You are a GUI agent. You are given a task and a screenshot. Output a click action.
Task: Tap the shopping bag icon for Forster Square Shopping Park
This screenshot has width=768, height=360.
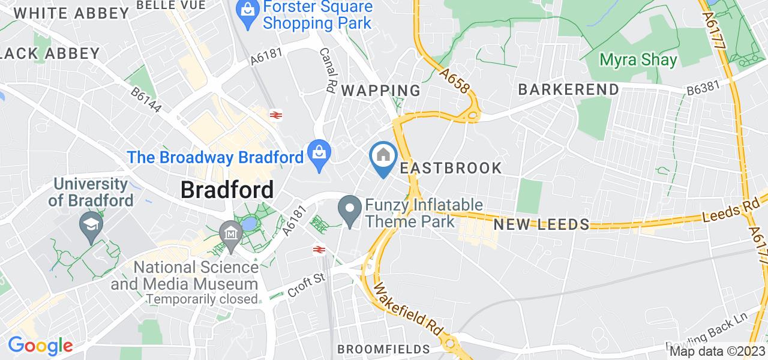[247, 9]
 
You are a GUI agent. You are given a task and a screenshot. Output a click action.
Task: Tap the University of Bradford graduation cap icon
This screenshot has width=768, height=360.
[91, 226]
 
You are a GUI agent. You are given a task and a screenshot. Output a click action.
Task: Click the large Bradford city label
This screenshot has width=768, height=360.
[227, 190]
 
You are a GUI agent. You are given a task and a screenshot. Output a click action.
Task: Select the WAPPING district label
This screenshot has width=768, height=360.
[381, 91]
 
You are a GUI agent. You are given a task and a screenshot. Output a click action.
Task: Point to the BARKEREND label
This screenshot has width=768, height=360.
[568, 89]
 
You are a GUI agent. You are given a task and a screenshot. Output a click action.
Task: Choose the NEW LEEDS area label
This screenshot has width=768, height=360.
[541, 225]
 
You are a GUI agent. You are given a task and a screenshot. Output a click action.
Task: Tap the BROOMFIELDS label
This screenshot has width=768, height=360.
[384, 349]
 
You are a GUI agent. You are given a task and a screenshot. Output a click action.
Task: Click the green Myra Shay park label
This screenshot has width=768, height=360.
[639, 60]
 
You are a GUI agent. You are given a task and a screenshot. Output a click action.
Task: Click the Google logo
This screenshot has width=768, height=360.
[40, 346]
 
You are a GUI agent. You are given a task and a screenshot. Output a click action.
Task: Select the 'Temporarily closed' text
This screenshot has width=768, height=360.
[202, 298]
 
